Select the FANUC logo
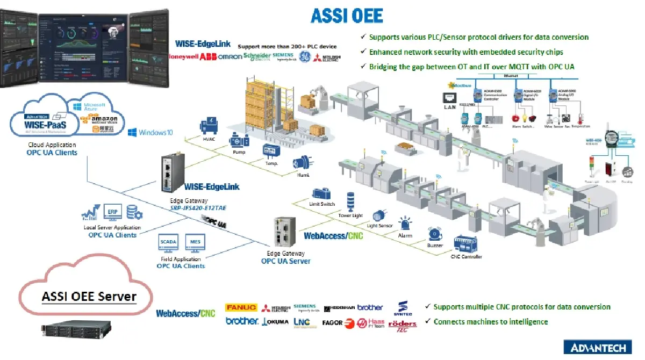[x=241, y=308]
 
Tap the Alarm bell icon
[x=405, y=224]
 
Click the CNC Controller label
[x=466, y=257]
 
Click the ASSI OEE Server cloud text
[x=89, y=297]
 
